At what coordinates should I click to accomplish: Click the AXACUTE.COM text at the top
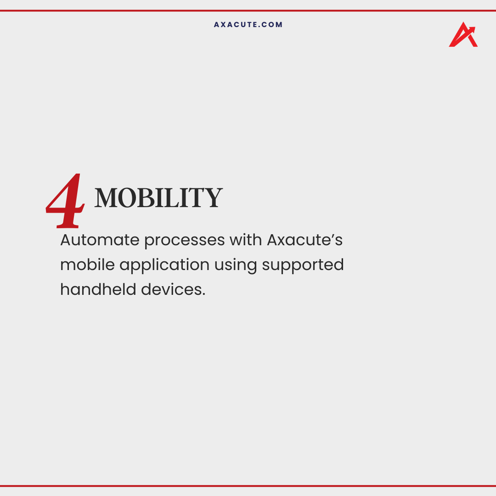[248, 25]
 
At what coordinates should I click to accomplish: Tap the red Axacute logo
[463, 35]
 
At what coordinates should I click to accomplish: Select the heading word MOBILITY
[158, 198]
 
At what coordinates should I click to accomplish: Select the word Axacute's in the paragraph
[304, 240]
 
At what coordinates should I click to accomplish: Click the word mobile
[87, 265]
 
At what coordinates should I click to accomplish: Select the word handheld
[97, 289]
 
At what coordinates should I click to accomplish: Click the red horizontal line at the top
[248, 11]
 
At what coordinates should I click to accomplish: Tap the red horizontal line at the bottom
[248, 485]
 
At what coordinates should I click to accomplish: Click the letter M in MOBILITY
[106, 198]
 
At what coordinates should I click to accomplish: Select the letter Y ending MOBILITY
[214, 198]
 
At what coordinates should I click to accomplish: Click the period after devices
[203, 295]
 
